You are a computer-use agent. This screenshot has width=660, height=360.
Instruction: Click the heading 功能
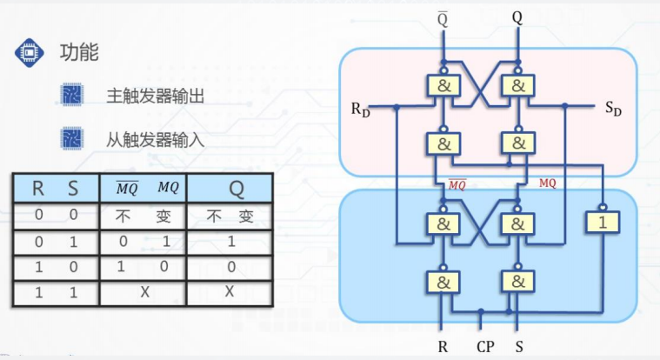[78, 53]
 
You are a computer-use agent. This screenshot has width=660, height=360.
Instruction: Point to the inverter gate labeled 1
[602, 223]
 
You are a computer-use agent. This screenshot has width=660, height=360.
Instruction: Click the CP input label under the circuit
[485, 347]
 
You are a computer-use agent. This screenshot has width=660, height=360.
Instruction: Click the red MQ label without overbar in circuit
[547, 183]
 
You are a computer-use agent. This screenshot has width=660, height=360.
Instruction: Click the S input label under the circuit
[519, 347]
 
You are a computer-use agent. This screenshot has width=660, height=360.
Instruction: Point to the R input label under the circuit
[442, 347]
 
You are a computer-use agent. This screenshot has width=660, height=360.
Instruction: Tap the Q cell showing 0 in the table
[230, 265]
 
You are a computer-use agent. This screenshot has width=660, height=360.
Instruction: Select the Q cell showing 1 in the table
[230, 241]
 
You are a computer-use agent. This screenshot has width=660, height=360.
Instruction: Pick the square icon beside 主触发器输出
[71, 96]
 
